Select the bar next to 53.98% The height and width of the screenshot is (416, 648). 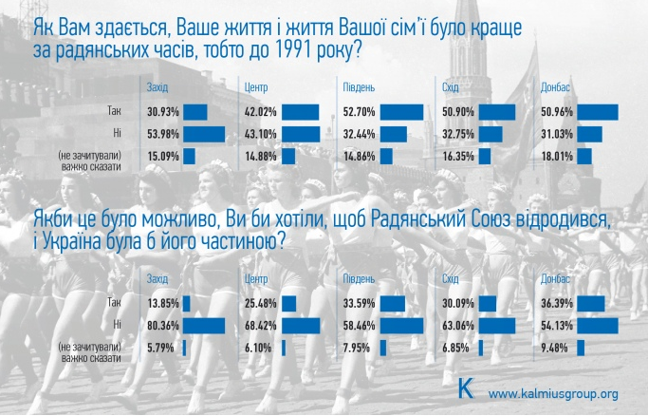204,134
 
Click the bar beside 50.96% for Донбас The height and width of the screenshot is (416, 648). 597,112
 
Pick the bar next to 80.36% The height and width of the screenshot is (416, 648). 203,325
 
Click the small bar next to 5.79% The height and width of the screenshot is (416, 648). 185,347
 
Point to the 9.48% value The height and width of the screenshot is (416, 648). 554,347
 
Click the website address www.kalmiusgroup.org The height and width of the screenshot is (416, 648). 553,392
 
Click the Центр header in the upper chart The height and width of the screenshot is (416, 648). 255,88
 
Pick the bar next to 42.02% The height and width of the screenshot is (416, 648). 301,112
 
